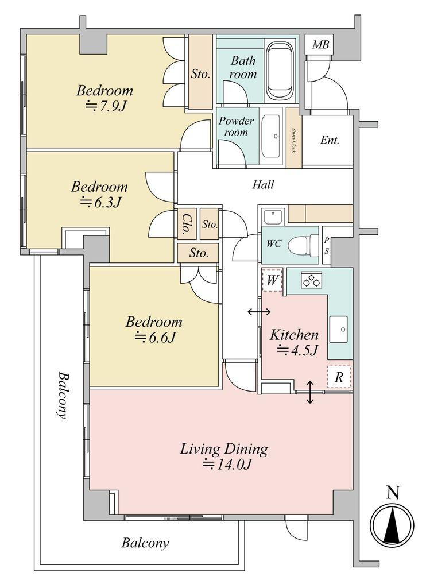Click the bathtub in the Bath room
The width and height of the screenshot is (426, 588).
pos(280,71)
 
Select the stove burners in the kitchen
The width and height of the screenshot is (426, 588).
pos(311,280)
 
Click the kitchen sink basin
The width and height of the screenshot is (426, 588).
pos(338,329)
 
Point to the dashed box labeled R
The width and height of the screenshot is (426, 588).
pos(339,377)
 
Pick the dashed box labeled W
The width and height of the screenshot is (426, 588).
pos(272,280)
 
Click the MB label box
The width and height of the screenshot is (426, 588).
pos(320,45)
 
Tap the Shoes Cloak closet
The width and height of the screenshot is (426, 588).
pos(294,138)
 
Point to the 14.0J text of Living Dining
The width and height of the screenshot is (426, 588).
pos(226,465)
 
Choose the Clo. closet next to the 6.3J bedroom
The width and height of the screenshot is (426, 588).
pos(187,224)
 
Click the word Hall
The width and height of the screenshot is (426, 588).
pos(263,184)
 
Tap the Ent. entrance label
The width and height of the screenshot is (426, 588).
pos(330,140)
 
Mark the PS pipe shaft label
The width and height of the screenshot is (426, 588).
pos(327,246)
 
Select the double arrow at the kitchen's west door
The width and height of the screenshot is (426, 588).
pos(260,312)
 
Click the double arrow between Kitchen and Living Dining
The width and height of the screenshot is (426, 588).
pos(310,392)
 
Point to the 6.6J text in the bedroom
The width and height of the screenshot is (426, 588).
pos(155,338)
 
